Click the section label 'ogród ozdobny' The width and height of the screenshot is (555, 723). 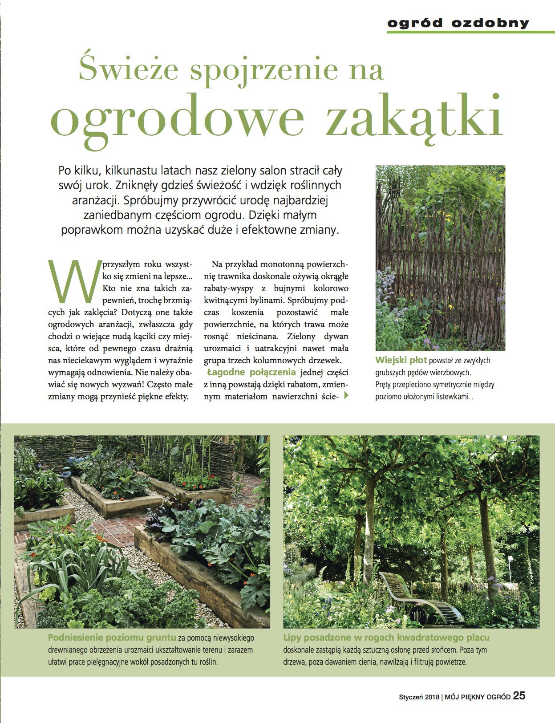(458, 23)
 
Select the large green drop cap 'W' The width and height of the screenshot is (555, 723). (75, 280)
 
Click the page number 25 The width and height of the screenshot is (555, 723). (519, 696)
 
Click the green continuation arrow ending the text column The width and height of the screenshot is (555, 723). (346, 395)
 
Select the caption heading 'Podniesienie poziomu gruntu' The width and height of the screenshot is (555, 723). (112, 638)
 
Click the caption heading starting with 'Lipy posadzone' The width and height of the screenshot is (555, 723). (386, 638)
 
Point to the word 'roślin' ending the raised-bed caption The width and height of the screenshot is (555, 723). (208, 662)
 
